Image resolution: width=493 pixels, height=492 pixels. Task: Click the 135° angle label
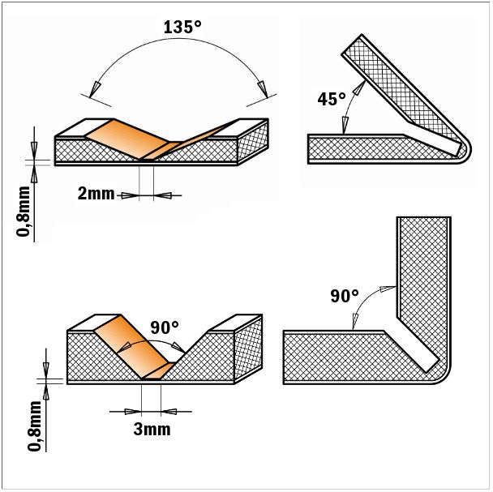[182, 27]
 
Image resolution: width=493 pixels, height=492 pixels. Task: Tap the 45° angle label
[332, 99]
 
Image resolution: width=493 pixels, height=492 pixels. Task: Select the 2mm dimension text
[96, 194]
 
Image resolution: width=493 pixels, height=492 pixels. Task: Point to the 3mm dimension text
[152, 429]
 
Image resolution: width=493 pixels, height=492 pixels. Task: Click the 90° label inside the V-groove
[165, 328]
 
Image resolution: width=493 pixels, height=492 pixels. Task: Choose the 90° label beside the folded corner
[345, 296]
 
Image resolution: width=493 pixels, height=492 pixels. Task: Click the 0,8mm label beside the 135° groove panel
[24, 211]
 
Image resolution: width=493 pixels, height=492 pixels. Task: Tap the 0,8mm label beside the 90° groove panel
[35, 426]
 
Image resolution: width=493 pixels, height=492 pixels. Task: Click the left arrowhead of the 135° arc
[94, 89]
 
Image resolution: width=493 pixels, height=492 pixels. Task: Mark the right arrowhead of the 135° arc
[263, 90]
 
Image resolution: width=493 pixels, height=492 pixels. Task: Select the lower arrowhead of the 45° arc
[345, 125]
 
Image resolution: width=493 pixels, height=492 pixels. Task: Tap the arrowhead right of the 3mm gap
[169, 411]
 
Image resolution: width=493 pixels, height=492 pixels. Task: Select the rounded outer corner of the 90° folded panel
[444, 376]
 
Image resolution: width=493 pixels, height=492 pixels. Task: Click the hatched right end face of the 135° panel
[253, 142]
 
